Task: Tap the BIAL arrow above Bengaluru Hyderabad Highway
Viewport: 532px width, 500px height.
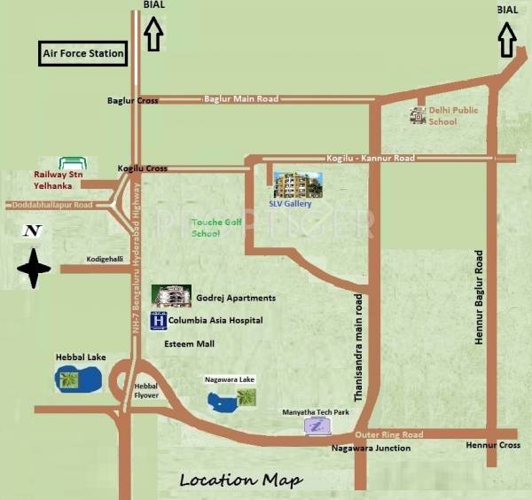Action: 153,35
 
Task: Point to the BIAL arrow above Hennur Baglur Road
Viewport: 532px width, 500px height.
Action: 508,38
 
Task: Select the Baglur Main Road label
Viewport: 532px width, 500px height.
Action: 241,99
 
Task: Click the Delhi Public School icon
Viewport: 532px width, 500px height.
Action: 418,115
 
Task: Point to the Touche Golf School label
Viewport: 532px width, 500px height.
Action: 213,230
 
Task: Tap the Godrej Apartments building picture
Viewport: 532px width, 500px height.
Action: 171,296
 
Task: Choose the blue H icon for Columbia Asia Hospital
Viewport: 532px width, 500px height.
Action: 159,321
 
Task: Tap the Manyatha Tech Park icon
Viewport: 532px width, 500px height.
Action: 317,426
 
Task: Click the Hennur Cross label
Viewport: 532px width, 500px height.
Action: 493,445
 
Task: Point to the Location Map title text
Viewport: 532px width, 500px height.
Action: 240,480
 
